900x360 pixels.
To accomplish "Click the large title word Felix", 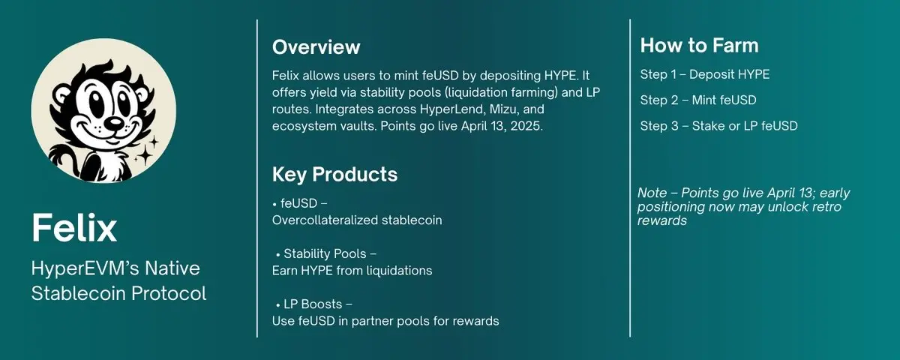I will click(x=74, y=227).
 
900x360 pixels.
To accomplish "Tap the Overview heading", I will click(x=316, y=47).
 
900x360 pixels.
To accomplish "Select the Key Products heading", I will click(x=334, y=175).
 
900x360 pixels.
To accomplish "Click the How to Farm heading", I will click(x=699, y=46).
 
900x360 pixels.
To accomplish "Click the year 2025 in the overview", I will click(x=528, y=127).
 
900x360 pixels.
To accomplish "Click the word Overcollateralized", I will click(x=328, y=220).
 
